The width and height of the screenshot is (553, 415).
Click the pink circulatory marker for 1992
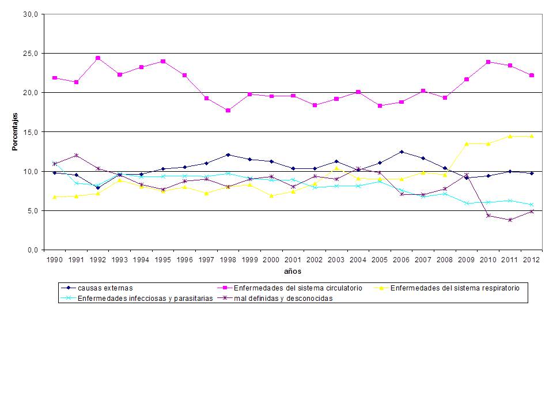coord(98,58)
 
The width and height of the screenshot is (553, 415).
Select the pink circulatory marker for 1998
coord(228,110)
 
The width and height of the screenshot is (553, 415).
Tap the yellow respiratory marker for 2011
coord(510,136)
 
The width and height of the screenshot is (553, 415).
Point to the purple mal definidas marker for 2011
coord(510,220)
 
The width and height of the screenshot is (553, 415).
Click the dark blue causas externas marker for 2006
coord(402,152)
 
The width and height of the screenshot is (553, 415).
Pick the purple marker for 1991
coord(76,155)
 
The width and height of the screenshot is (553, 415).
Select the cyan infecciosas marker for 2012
coord(532,205)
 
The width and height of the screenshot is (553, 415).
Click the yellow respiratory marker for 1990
coord(55,197)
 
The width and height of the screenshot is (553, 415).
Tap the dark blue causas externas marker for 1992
coord(98,187)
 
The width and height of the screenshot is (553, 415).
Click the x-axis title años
coord(293,271)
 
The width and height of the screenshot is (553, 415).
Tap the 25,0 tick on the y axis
coord(29,54)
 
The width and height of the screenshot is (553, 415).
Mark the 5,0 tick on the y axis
coord(31,211)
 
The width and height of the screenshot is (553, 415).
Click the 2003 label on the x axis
coord(336,260)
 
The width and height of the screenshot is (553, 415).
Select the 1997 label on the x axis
coord(206,260)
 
